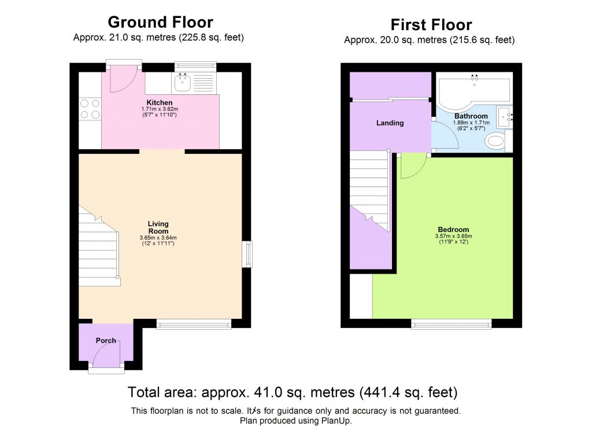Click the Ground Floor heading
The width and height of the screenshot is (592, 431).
click(160, 23)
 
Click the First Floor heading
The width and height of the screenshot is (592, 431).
click(431, 25)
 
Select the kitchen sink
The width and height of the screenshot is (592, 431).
click(184, 83)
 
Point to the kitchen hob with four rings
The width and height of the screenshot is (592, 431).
click(89, 109)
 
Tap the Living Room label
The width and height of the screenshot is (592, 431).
click(158, 227)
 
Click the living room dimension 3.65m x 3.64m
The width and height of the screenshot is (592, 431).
click(158, 238)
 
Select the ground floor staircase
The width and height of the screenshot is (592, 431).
click(98, 246)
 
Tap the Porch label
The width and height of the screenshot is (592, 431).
click(106, 340)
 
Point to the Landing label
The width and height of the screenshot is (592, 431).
click(390, 123)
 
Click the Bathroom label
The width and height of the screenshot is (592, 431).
click(471, 116)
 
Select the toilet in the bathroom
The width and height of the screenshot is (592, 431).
click(495, 141)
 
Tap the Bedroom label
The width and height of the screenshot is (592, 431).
click(453, 229)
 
